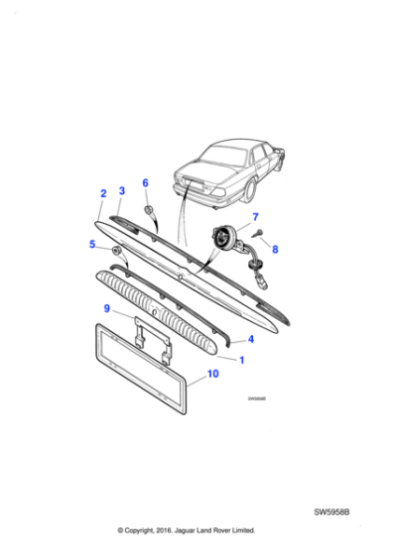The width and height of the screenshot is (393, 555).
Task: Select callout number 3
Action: pos(121,189)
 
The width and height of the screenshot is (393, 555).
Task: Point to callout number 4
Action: pos(250,339)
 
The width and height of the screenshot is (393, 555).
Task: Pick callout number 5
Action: pos(92,243)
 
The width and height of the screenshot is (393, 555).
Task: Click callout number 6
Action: pos(145,183)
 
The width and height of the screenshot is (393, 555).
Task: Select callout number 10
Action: pos(211,375)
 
